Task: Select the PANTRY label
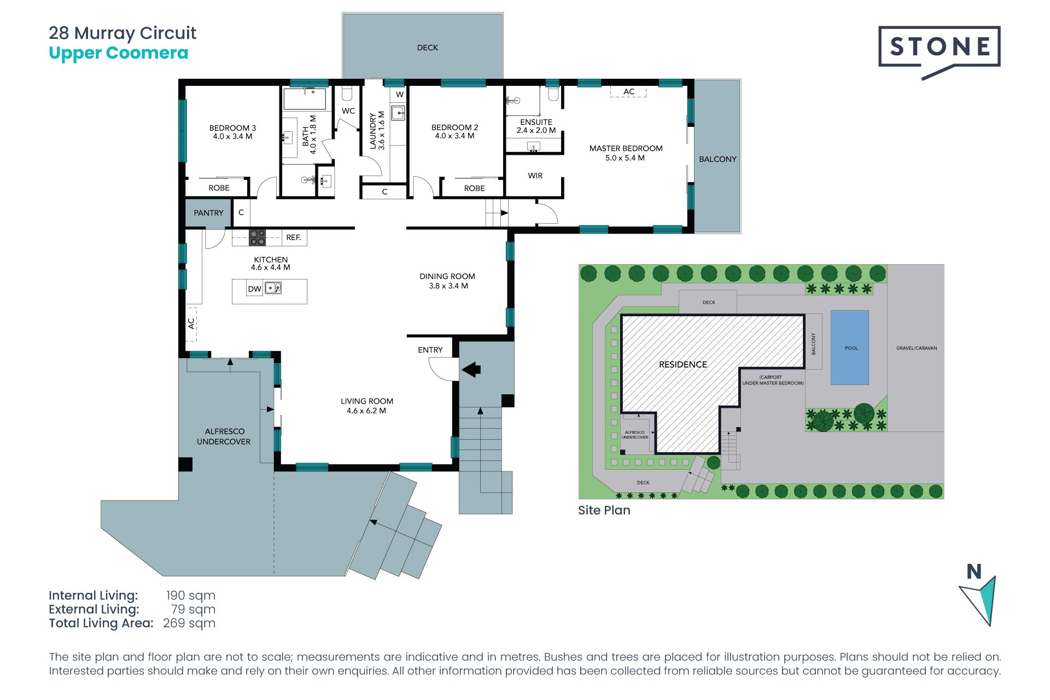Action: (x=208, y=213)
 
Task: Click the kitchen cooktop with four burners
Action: (x=258, y=238)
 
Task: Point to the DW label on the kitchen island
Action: (x=254, y=289)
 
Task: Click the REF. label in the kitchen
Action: (x=294, y=237)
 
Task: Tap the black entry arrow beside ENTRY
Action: (x=471, y=370)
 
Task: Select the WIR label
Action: (x=535, y=176)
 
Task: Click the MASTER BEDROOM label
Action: (x=626, y=148)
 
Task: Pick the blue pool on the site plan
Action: (x=850, y=348)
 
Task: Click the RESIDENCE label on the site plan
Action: (x=683, y=364)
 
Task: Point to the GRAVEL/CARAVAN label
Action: (x=917, y=348)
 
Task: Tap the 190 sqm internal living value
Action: (x=191, y=596)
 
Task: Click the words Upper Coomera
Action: (x=119, y=54)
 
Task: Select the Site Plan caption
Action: (x=604, y=510)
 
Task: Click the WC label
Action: (x=348, y=111)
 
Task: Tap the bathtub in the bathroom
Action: (x=305, y=99)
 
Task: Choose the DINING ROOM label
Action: (x=447, y=276)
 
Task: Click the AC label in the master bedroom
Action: (x=629, y=91)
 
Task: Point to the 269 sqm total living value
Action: (x=189, y=623)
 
